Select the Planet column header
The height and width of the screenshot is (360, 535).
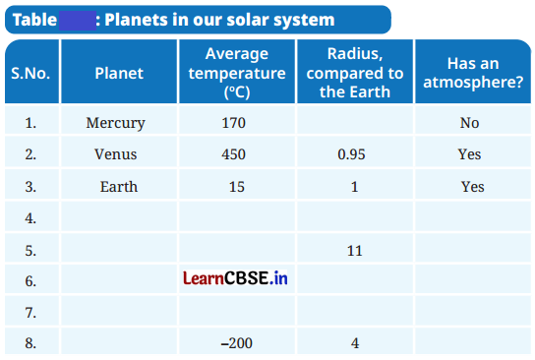[x=119, y=73]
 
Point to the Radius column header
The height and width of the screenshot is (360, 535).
[x=355, y=74]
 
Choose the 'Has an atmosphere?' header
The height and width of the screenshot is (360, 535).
[x=471, y=73]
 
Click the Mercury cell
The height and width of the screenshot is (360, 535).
[x=116, y=123]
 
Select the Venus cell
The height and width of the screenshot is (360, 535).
[x=116, y=154]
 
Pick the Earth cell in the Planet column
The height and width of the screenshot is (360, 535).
[x=119, y=186]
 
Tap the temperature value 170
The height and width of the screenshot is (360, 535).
[x=233, y=123]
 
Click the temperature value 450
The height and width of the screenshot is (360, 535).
[x=233, y=154]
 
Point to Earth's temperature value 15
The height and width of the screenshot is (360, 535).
[x=236, y=186]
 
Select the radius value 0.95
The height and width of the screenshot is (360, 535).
[x=354, y=154]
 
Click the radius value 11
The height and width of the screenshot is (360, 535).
[x=355, y=250]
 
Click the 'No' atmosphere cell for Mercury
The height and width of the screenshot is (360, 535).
[x=470, y=123]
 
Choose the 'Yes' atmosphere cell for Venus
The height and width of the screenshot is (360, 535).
[x=470, y=154]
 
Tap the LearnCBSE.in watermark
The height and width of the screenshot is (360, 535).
[x=235, y=279]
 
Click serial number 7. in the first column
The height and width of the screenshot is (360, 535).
[x=30, y=313]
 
